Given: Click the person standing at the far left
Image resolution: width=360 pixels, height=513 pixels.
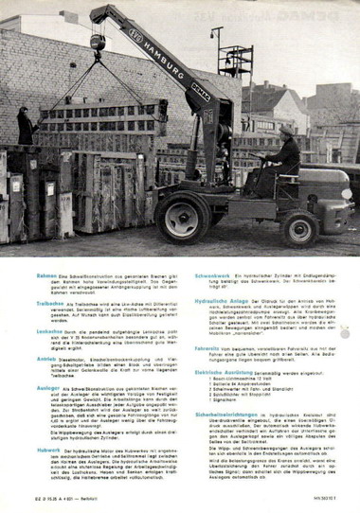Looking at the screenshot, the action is coord(24,125).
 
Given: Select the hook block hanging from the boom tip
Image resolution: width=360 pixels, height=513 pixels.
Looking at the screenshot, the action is coord(97,44).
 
